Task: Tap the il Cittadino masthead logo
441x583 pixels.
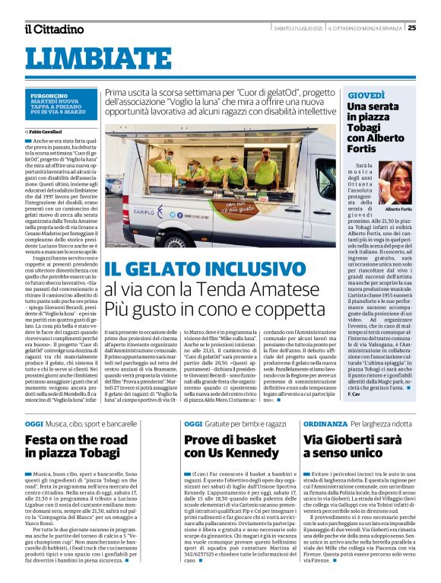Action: [53, 29]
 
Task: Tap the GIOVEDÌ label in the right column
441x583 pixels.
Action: [366, 94]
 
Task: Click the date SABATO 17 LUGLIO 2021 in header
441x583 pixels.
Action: [297, 28]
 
